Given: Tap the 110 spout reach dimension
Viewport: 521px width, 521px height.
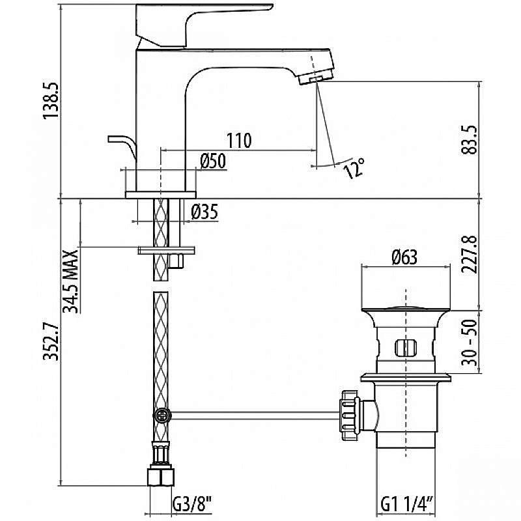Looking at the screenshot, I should pos(239,140).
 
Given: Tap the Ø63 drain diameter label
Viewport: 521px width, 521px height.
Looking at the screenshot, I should pos(404,257).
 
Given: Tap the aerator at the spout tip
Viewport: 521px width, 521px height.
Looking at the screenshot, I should pos(311,79).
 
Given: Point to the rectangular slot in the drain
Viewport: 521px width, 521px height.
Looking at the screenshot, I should pos(405,347).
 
